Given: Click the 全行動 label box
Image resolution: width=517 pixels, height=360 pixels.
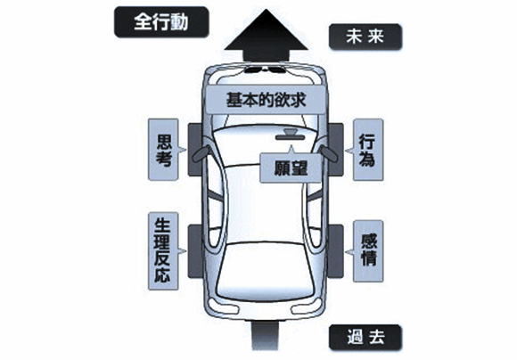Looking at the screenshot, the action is click(161, 21).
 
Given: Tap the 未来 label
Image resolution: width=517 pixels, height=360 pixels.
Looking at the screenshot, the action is click(365, 37).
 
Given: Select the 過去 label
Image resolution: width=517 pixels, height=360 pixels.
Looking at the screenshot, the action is click(365, 337).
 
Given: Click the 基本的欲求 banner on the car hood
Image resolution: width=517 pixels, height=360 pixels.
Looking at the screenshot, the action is click(266, 100).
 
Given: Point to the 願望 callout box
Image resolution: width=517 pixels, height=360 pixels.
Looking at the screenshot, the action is click(291, 168).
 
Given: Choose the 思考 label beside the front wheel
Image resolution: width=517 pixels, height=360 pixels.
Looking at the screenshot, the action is click(163, 150).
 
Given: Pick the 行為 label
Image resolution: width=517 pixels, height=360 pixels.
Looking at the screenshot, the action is click(368, 150).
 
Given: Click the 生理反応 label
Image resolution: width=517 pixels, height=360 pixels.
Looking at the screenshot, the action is click(163, 251).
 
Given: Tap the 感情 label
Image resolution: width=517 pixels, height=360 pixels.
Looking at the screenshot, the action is click(368, 251).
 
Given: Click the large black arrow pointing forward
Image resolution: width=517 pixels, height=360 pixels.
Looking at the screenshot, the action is click(266, 36).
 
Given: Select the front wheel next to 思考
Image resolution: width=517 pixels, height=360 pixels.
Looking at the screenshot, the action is click(195, 149).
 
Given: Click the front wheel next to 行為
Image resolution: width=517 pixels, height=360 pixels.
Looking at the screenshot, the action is click(336, 149).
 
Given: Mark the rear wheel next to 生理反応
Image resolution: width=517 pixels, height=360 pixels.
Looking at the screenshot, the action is click(195, 251).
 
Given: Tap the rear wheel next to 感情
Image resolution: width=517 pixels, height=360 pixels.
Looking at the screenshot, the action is click(336, 251).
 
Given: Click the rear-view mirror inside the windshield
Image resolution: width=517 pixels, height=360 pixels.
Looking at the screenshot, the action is click(291, 135).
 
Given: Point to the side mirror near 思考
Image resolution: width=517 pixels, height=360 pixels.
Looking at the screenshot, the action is click(201, 153).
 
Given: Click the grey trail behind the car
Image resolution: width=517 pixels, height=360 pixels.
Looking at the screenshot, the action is click(265, 336).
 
